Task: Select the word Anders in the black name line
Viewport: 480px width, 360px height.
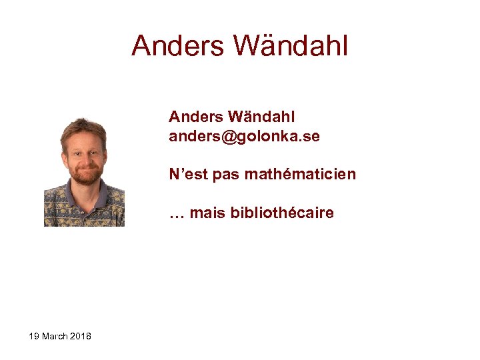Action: pos(195,117)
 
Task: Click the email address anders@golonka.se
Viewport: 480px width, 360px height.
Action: pos(244,137)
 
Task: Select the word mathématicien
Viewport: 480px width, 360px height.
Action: pos(300,175)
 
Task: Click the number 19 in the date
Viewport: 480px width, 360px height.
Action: pos(34,336)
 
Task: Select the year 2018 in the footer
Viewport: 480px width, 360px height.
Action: pos(80,336)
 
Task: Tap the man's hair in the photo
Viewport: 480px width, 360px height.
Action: pos(83,125)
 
